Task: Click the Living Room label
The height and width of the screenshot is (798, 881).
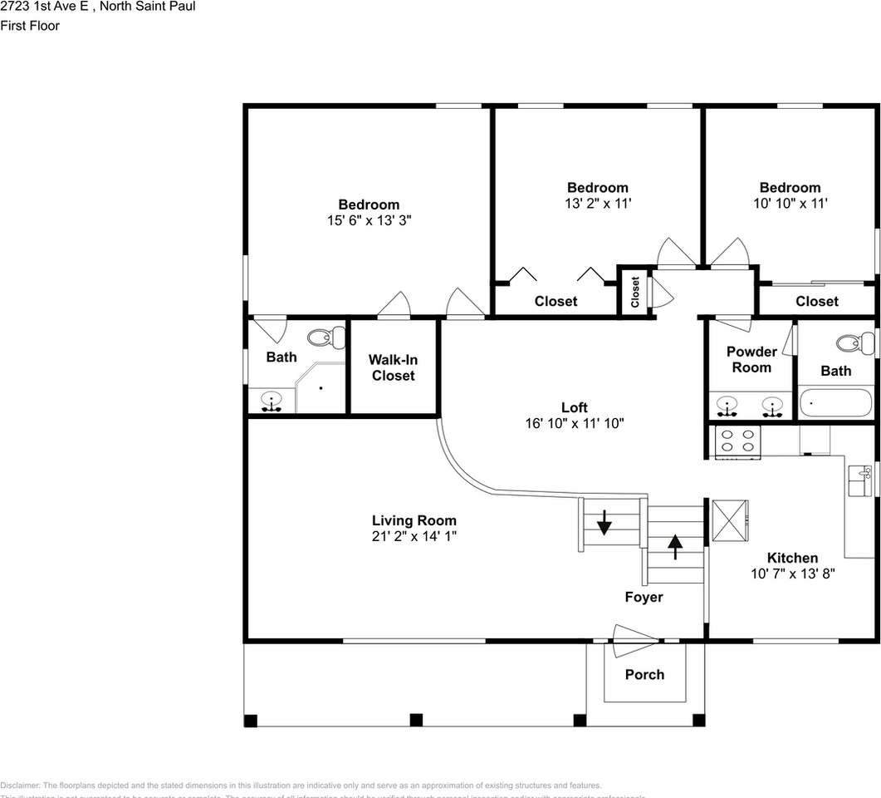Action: tap(414, 521)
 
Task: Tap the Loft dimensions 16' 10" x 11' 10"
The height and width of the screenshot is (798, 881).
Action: tap(574, 423)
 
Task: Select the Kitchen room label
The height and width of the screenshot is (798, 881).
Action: tap(792, 558)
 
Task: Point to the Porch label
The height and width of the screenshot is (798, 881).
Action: tap(644, 674)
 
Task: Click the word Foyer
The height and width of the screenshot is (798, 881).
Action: tap(644, 597)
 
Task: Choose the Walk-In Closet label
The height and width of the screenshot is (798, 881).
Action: tap(393, 367)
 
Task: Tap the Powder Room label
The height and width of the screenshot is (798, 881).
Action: tap(751, 359)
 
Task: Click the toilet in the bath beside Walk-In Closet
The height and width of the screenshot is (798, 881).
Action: tap(326, 337)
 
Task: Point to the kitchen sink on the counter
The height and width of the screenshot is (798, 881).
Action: tap(857, 480)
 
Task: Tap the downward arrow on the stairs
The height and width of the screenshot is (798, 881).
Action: tap(604, 524)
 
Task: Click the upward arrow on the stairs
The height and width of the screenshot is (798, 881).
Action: tap(675, 544)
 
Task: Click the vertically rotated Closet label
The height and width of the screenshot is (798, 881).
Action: tap(635, 291)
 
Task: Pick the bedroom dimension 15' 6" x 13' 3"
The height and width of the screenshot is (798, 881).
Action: tap(370, 220)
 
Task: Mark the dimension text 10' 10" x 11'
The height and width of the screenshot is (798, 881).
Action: tap(790, 203)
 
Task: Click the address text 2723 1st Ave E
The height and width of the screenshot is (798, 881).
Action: tap(50, 7)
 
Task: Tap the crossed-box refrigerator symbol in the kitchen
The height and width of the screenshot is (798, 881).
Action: tap(728, 521)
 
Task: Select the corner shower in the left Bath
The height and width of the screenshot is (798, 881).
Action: tap(319, 387)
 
